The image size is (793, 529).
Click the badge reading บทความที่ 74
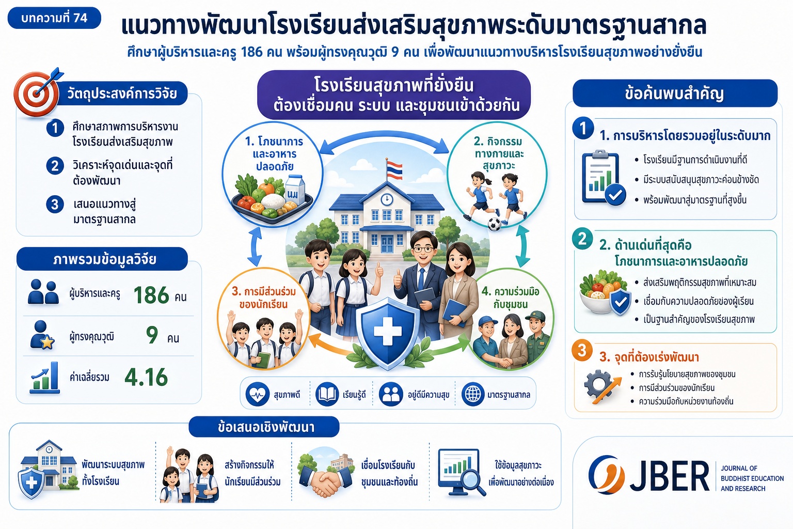point(54,18)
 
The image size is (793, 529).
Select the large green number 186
point(151,295)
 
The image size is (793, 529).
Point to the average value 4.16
point(146,377)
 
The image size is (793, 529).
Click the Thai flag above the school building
point(394,169)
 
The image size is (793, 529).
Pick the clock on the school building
point(387,199)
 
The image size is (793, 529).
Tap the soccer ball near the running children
point(494,224)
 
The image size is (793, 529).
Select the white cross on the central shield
point(388,331)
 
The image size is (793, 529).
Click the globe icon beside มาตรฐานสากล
point(472,394)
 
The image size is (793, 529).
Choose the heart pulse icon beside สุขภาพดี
point(258,394)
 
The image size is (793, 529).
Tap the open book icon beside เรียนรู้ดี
point(326,394)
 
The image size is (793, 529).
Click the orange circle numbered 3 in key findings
point(582,350)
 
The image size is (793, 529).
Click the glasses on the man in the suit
point(423,249)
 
